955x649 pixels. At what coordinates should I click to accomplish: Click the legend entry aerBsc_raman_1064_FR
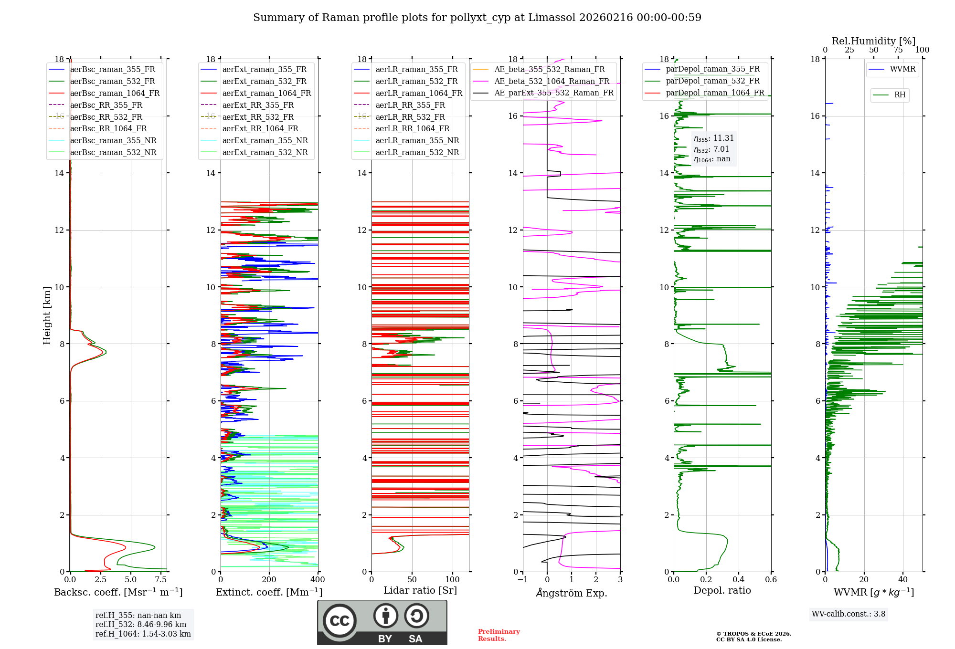[x=115, y=94]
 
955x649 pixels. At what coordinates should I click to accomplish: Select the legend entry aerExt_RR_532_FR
[x=258, y=117]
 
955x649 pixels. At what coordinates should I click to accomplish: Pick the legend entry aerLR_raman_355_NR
[x=417, y=141]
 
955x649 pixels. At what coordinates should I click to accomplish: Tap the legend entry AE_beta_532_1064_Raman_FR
[x=552, y=82]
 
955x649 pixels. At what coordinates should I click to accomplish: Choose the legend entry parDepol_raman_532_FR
[x=712, y=81]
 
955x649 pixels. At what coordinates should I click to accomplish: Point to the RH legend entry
[x=900, y=95]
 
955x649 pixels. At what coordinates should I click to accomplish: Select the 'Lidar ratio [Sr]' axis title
[x=420, y=591]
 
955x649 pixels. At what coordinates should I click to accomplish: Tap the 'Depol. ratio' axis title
[x=722, y=591]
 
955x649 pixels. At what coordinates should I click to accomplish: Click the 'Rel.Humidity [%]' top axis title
[x=873, y=41]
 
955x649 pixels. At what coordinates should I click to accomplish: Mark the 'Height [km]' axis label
[x=47, y=315]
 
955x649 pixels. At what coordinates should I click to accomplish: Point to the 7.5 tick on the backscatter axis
[x=161, y=580]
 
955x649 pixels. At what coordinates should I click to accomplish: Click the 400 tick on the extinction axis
[x=318, y=580]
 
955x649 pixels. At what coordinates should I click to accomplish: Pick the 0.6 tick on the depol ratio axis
[x=771, y=580]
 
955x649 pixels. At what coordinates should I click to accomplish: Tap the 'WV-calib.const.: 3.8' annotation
[x=848, y=614]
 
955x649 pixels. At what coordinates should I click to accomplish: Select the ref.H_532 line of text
[x=140, y=625]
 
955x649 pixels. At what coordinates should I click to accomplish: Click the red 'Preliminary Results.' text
[x=499, y=635]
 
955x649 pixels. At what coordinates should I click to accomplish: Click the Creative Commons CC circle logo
[x=340, y=621]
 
